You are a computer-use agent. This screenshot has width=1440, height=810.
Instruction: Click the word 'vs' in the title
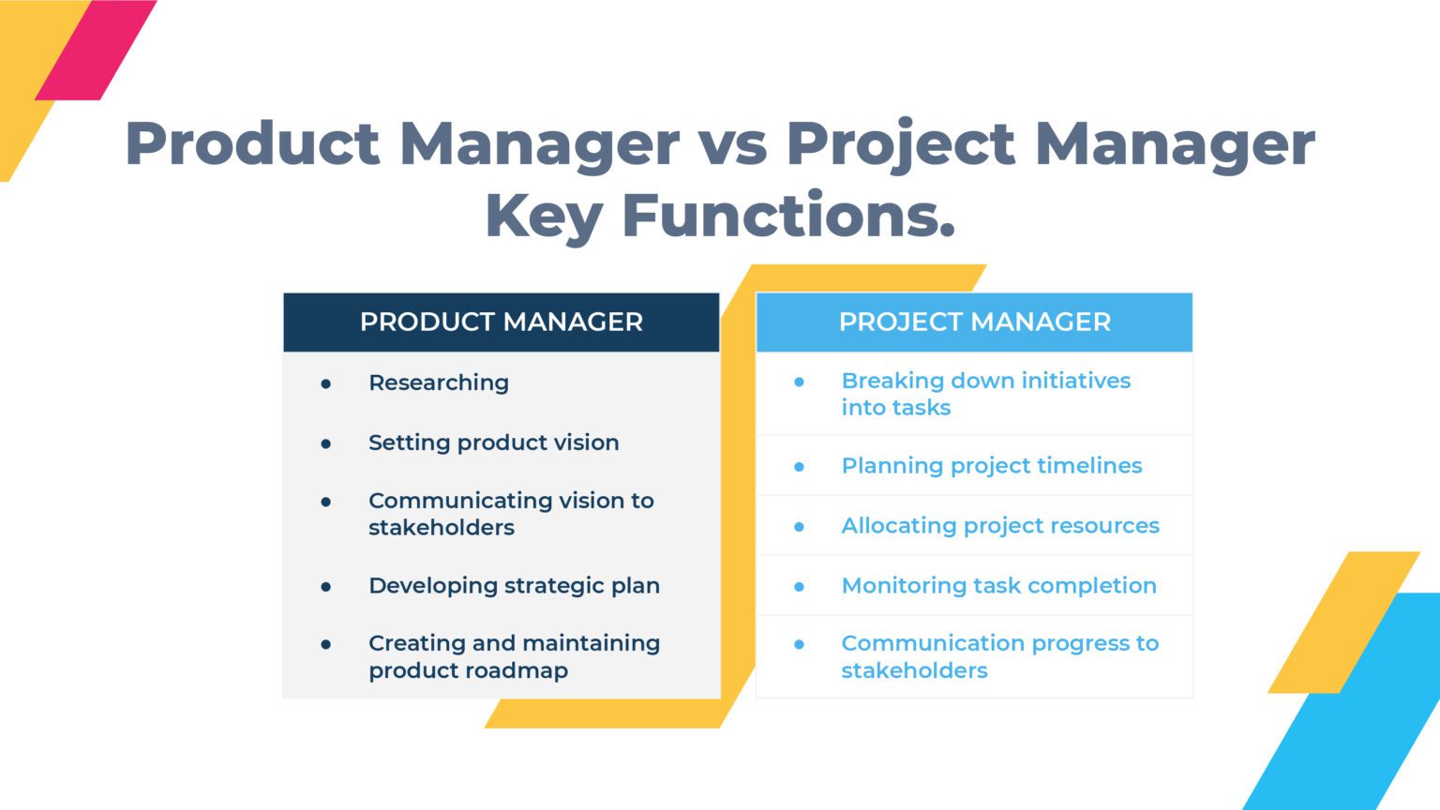click(732, 144)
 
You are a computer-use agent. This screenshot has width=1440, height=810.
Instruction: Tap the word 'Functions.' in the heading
click(788, 216)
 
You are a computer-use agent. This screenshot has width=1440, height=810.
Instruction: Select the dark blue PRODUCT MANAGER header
click(502, 322)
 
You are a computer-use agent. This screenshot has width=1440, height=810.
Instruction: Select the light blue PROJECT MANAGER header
click(974, 322)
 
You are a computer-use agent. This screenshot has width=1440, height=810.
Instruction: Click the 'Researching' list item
click(439, 382)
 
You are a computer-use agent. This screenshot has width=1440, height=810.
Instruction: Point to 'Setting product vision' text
click(493, 442)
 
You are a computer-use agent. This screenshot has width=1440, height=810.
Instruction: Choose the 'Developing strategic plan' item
click(514, 585)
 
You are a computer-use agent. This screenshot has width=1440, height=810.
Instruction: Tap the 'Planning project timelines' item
click(991, 466)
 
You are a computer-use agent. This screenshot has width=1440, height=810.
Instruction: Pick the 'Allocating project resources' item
click(999, 526)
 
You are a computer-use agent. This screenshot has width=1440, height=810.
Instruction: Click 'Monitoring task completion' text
click(998, 586)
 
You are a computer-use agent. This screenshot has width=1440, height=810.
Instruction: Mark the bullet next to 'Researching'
click(326, 383)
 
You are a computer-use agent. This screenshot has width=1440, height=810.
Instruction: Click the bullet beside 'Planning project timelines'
click(799, 467)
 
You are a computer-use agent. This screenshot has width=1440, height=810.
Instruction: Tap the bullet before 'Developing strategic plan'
click(326, 587)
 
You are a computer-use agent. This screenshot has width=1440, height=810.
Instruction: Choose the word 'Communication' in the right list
click(922, 643)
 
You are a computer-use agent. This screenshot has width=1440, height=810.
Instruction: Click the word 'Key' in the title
click(543, 216)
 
